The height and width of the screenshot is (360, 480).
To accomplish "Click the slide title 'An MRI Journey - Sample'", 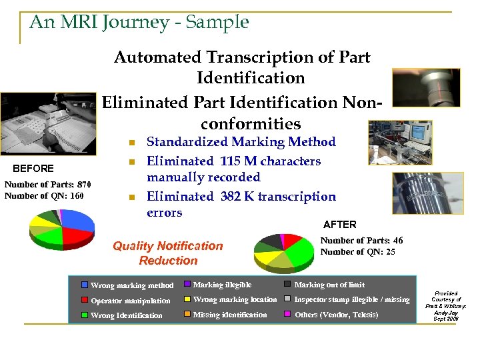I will pos(139,22).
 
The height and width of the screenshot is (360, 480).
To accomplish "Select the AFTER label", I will pos(339,225).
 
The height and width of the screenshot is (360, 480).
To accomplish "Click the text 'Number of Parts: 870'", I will pos(47,185).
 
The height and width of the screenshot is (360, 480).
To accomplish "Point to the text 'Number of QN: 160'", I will pos(44,195).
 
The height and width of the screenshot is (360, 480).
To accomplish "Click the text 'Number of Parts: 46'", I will pos(361,241).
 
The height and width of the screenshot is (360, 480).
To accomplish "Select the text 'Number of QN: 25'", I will pos(357,252).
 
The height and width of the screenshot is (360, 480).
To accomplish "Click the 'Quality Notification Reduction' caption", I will pos(168,253).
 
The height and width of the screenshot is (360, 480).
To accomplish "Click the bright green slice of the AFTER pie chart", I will pos(301,251).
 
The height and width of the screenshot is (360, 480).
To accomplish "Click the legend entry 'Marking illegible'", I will pos(222,285).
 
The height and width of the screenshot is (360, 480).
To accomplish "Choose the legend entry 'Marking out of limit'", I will pos(329,285).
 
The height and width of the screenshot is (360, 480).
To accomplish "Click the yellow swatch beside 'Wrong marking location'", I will pos(187,300).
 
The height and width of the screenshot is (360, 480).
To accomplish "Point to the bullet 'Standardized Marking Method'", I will pos(241,142).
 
